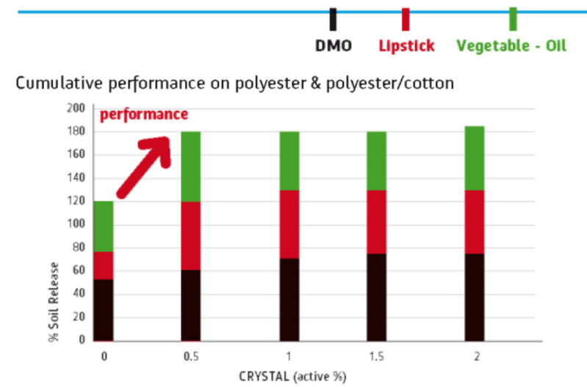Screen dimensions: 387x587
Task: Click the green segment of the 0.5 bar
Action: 190,166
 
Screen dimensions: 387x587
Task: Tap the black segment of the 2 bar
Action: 475,297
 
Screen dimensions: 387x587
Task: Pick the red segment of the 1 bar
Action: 289,224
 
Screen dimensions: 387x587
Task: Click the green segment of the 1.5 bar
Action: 376,161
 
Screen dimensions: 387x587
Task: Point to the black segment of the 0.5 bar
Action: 190,305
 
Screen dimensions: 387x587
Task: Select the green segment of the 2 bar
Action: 475,158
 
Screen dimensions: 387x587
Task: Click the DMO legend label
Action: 334,46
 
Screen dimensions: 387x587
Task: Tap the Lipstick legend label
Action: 406,46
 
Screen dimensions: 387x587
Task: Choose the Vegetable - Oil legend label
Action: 511,46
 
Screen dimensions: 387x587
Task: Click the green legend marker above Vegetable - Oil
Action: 513,18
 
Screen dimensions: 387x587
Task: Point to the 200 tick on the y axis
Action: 76,108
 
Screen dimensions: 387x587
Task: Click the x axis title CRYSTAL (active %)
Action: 291,377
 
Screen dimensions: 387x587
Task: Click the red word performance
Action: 144,115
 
